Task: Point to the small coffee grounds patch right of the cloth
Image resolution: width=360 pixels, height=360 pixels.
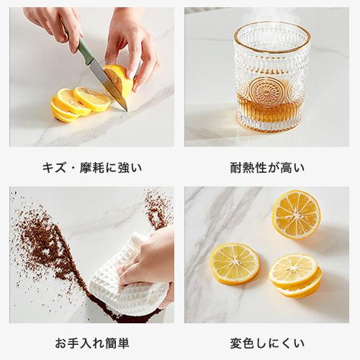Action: (x=158, y=209)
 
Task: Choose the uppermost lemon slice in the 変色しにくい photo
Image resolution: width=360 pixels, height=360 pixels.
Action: (x=295, y=214)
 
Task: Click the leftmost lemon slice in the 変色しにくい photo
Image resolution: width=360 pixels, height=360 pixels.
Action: (x=235, y=262)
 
